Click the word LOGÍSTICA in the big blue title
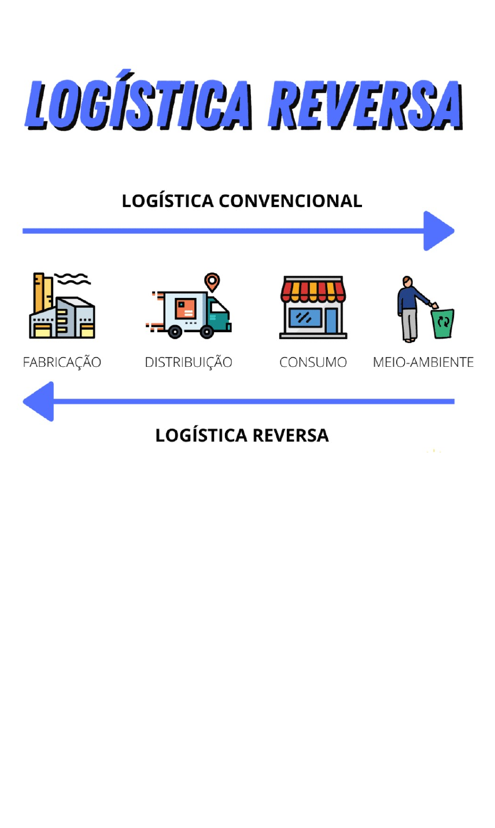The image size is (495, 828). click(x=139, y=105)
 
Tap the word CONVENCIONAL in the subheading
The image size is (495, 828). click(x=290, y=201)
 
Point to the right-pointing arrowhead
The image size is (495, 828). click(x=438, y=231)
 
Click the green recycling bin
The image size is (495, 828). click(x=443, y=322)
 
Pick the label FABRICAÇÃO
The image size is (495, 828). click(x=62, y=362)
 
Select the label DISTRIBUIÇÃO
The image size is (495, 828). click(x=189, y=362)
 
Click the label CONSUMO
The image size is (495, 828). click(x=313, y=362)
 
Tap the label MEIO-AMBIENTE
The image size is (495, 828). click(x=423, y=362)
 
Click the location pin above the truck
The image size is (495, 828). click(x=212, y=282)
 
